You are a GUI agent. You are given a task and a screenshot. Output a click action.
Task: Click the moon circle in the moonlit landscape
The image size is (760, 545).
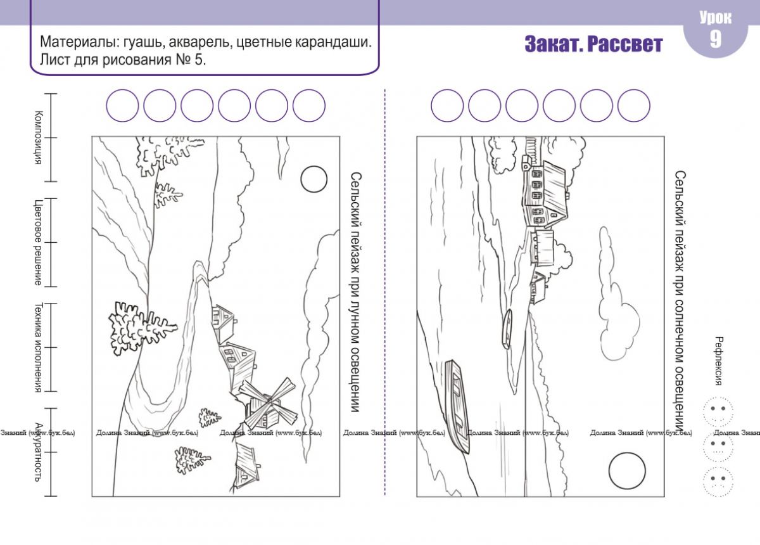pos(314,167)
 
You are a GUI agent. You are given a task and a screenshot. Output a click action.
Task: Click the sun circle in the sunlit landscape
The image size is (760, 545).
pos(627,453)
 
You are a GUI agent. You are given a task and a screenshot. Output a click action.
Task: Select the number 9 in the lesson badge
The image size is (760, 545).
pos(715,39)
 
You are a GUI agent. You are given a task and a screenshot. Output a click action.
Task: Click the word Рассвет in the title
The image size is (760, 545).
pos(624,44)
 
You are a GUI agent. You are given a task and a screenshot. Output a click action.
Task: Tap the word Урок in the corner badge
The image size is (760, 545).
pos(716,18)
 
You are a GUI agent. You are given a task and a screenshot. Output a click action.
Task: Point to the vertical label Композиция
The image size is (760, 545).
pos(39,138)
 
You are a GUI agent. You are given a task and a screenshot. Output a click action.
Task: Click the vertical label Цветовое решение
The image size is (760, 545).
pos(38,242)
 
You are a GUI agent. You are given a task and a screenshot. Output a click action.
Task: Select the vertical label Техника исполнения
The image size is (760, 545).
pos(38,348)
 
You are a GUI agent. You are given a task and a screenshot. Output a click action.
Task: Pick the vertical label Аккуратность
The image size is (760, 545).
pos(39,452)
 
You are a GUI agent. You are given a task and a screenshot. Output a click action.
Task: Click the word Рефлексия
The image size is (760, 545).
pos(718,361)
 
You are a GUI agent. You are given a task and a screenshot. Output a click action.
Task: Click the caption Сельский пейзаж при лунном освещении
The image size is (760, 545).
pos(355,292)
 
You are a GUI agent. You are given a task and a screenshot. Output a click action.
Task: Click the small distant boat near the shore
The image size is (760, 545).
pos(507,329)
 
